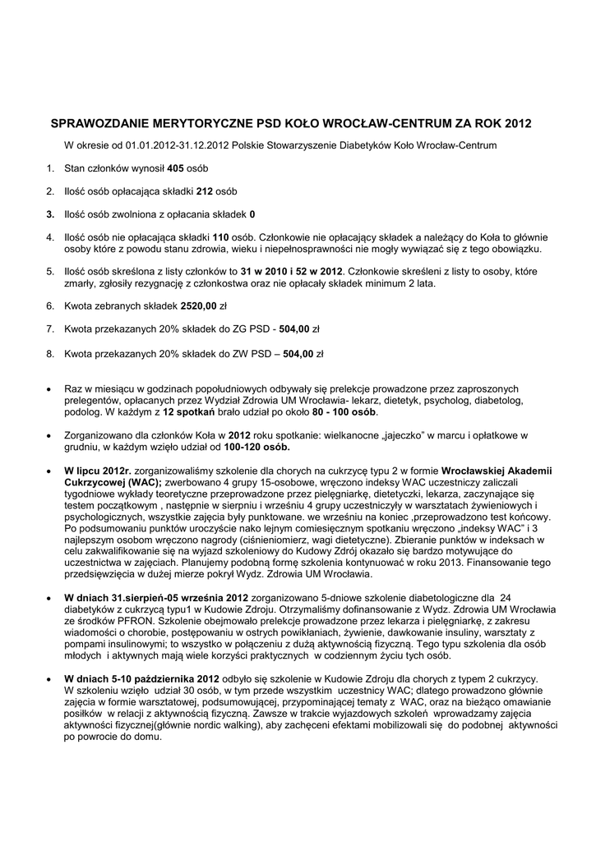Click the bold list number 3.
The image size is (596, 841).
(x=49, y=214)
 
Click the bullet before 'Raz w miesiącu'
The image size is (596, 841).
(x=52, y=388)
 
